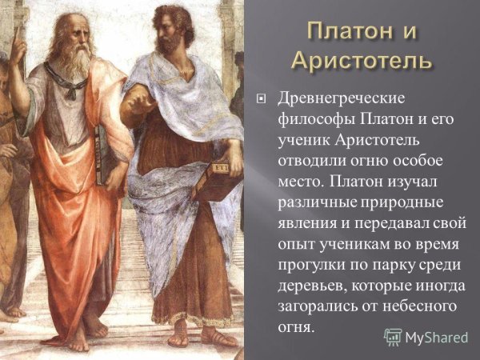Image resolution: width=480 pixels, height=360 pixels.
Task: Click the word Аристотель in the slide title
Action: coord(362,60)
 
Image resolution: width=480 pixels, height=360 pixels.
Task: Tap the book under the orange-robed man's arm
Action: coord(102,156)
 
